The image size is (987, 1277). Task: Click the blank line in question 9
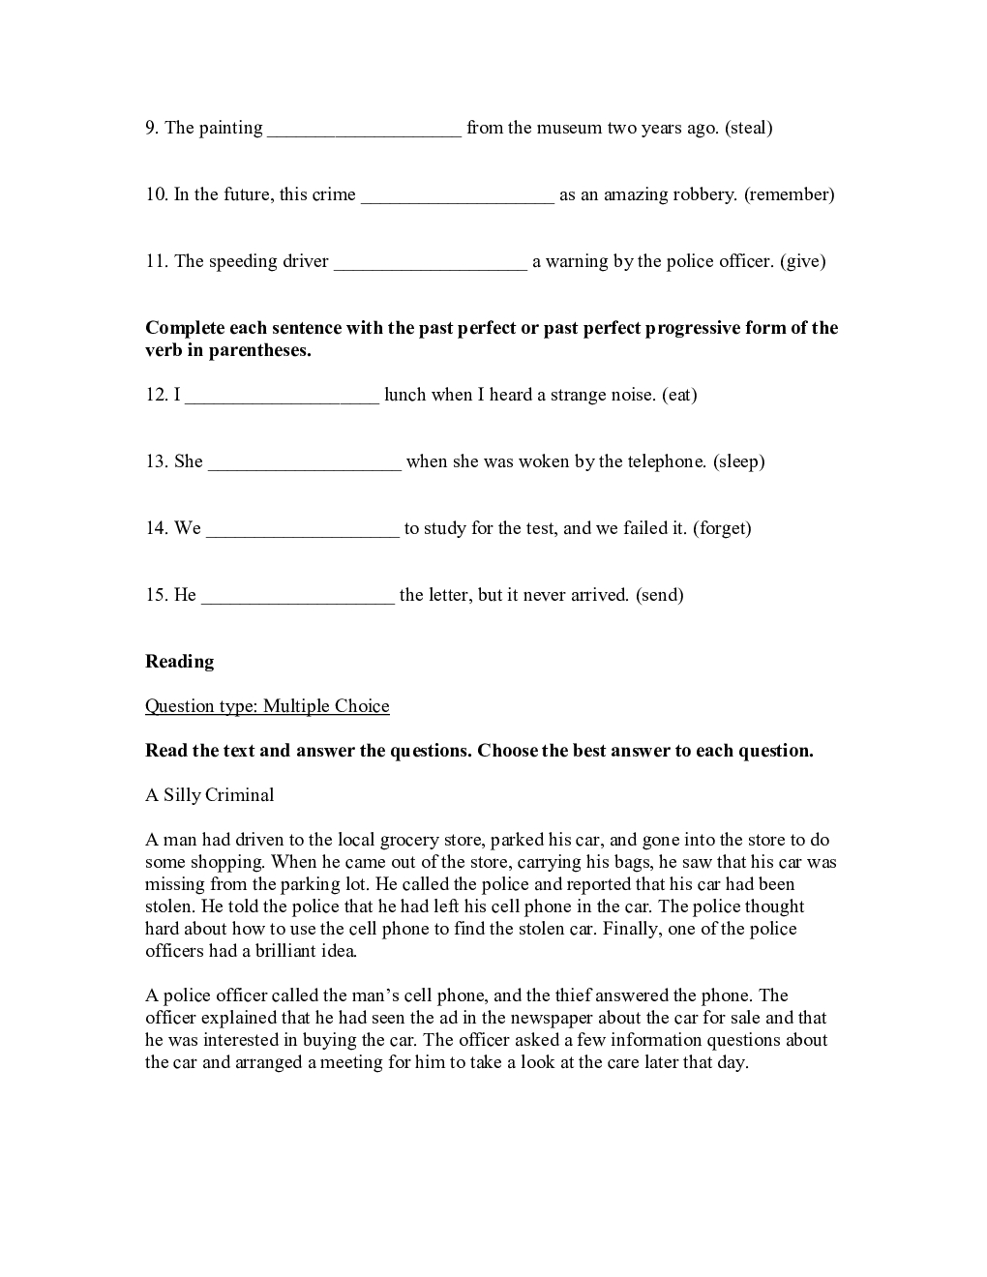[x=364, y=129]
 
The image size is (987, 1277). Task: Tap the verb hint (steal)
[x=749, y=128]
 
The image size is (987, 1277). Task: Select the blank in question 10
[x=457, y=195]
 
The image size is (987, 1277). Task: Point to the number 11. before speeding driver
[x=158, y=261]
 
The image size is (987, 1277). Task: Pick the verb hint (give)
[x=802, y=261]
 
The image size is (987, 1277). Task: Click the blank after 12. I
[x=282, y=396]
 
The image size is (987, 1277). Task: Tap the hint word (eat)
[x=679, y=395]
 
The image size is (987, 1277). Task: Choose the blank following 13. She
[x=304, y=462]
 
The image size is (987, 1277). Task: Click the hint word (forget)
[x=722, y=528]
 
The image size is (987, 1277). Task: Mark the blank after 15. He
[x=297, y=596]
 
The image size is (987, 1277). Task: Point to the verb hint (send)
[x=660, y=595]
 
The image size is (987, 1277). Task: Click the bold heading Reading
[x=179, y=662]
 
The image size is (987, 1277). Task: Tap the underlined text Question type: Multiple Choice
[x=267, y=706]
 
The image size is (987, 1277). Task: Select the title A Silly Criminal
[x=209, y=795]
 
